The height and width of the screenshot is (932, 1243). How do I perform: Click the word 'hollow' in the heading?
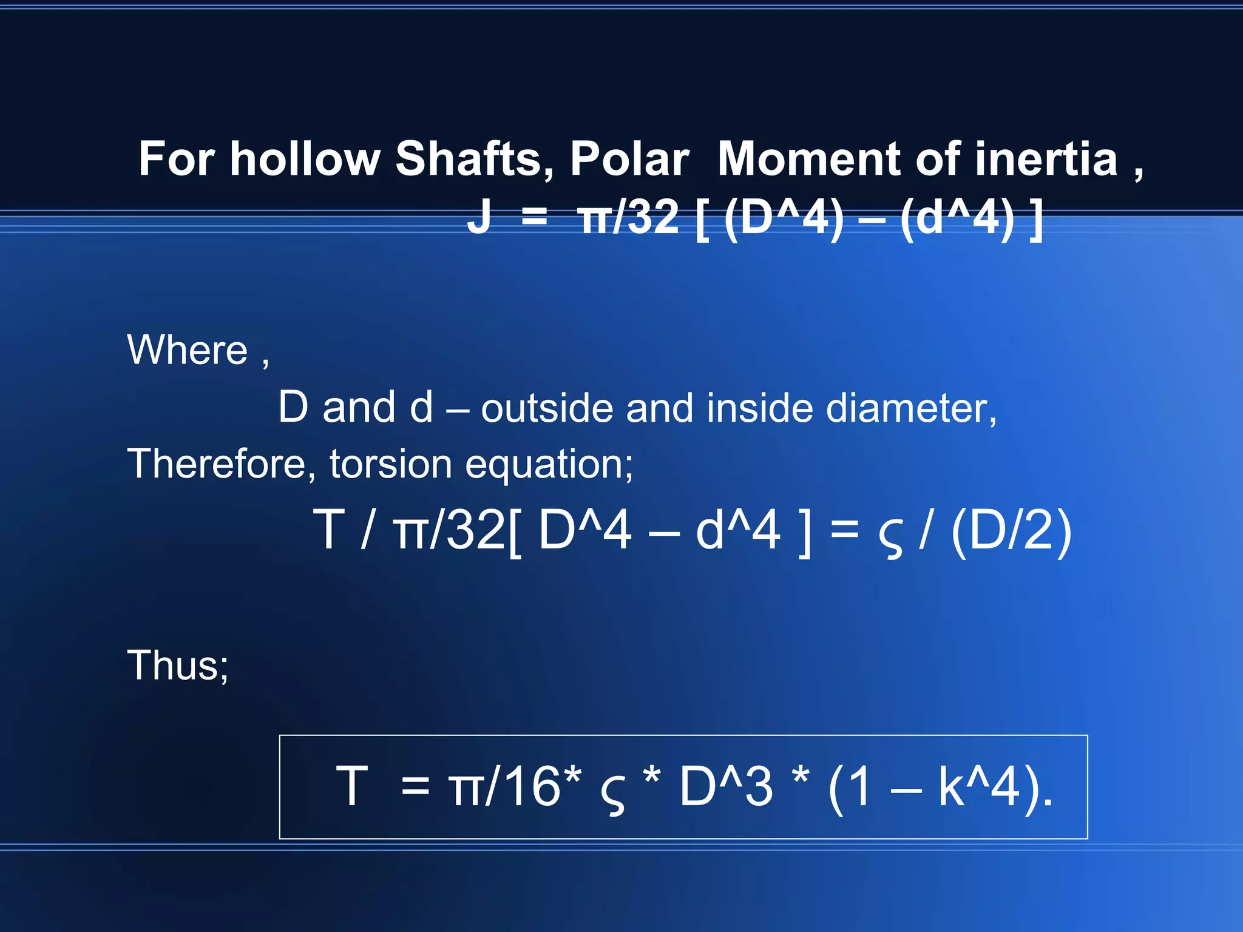[x=304, y=159]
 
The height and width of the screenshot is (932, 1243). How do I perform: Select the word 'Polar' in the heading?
[x=629, y=159]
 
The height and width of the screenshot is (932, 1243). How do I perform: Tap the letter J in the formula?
[x=479, y=217]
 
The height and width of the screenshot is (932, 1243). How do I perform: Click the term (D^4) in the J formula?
[x=784, y=218]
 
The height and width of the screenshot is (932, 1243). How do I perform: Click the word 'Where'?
[x=188, y=350]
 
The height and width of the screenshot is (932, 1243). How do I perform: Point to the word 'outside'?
[x=546, y=408]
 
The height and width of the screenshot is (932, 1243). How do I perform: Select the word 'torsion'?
[x=391, y=464]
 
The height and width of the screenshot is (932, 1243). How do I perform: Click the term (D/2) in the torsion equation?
[x=1011, y=530]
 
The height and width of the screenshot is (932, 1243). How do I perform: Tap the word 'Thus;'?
[x=178, y=666]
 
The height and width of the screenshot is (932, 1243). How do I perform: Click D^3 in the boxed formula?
[x=726, y=786]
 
